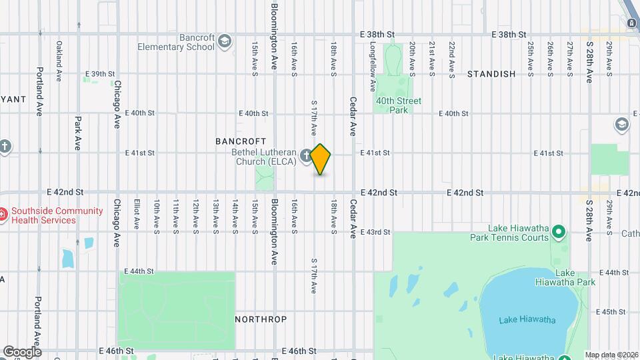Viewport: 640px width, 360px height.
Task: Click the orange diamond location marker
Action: [x=321, y=159]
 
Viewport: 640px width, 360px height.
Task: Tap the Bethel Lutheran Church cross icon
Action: [x=306, y=155]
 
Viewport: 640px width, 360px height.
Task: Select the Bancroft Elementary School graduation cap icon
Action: [x=225, y=42]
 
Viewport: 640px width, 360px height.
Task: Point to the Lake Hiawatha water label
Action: [x=527, y=320]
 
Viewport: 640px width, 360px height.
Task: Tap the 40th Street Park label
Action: [x=399, y=105]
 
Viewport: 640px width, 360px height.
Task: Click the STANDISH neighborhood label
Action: [x=491, y=74]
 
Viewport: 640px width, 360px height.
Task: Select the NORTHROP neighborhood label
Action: [x=261, y=319]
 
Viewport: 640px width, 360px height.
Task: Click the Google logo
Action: [x=22, y=351]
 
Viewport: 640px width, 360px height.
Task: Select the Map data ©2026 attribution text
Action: [x=611, y=355]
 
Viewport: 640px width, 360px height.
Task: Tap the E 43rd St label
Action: [x=375, y=232]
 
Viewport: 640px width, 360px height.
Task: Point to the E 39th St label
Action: [x=101, y=74]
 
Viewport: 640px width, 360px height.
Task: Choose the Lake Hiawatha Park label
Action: [x=575, y=277]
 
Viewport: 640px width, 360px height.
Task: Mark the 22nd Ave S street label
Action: [x=452, y=57]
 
